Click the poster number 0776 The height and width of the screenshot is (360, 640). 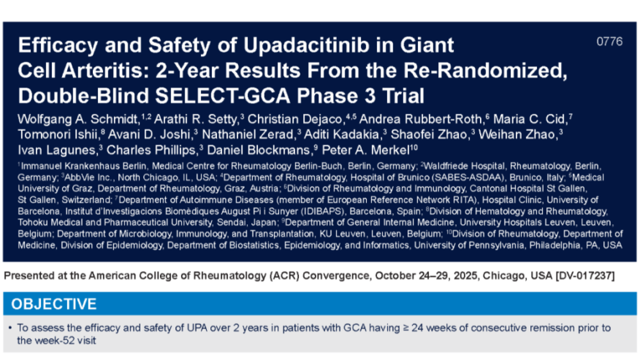point(609,42)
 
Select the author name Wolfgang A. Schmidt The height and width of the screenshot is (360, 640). point(78,119)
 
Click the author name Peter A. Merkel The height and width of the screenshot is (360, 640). point(366,150)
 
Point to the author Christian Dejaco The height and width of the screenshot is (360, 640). point(295,119)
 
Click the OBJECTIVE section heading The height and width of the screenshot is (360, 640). point(54,304)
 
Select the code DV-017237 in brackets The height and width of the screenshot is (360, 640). point(585,276)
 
